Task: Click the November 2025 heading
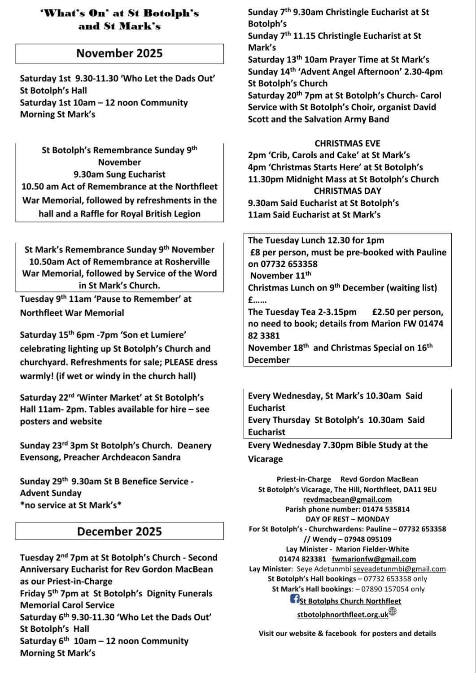tap(119, 53)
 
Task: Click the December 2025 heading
tap(119, 531)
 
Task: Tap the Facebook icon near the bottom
tap(295, 599)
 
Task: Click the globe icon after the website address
tap(393, 611)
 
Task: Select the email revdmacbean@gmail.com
tap(347, 499)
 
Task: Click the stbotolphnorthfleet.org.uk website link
tap(342, 615)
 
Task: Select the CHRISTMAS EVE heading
tap(347, 143)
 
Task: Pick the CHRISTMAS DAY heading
tap(347, 191)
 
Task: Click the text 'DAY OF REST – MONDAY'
tap(347, 519)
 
